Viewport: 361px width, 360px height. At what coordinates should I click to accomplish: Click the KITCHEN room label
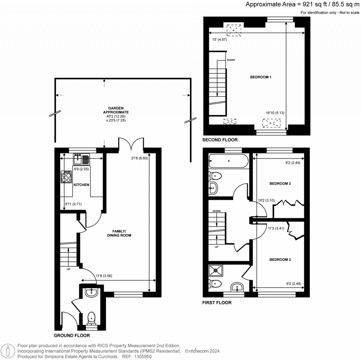81,185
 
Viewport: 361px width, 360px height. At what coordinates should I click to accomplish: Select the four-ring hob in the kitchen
66,176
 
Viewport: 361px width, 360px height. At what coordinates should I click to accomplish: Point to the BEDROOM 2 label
280,259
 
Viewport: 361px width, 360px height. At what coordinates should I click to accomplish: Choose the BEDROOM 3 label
280,184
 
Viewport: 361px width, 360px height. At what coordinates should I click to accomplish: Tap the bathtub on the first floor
228,161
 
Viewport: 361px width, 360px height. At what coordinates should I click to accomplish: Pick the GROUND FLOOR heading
72,336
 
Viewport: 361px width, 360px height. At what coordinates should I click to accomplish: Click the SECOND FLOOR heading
220,140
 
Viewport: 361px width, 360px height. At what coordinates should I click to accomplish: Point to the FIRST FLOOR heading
217,302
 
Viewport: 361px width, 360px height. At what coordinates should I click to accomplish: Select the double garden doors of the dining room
131,144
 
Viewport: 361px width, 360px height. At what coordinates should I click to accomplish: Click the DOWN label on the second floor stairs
231,60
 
